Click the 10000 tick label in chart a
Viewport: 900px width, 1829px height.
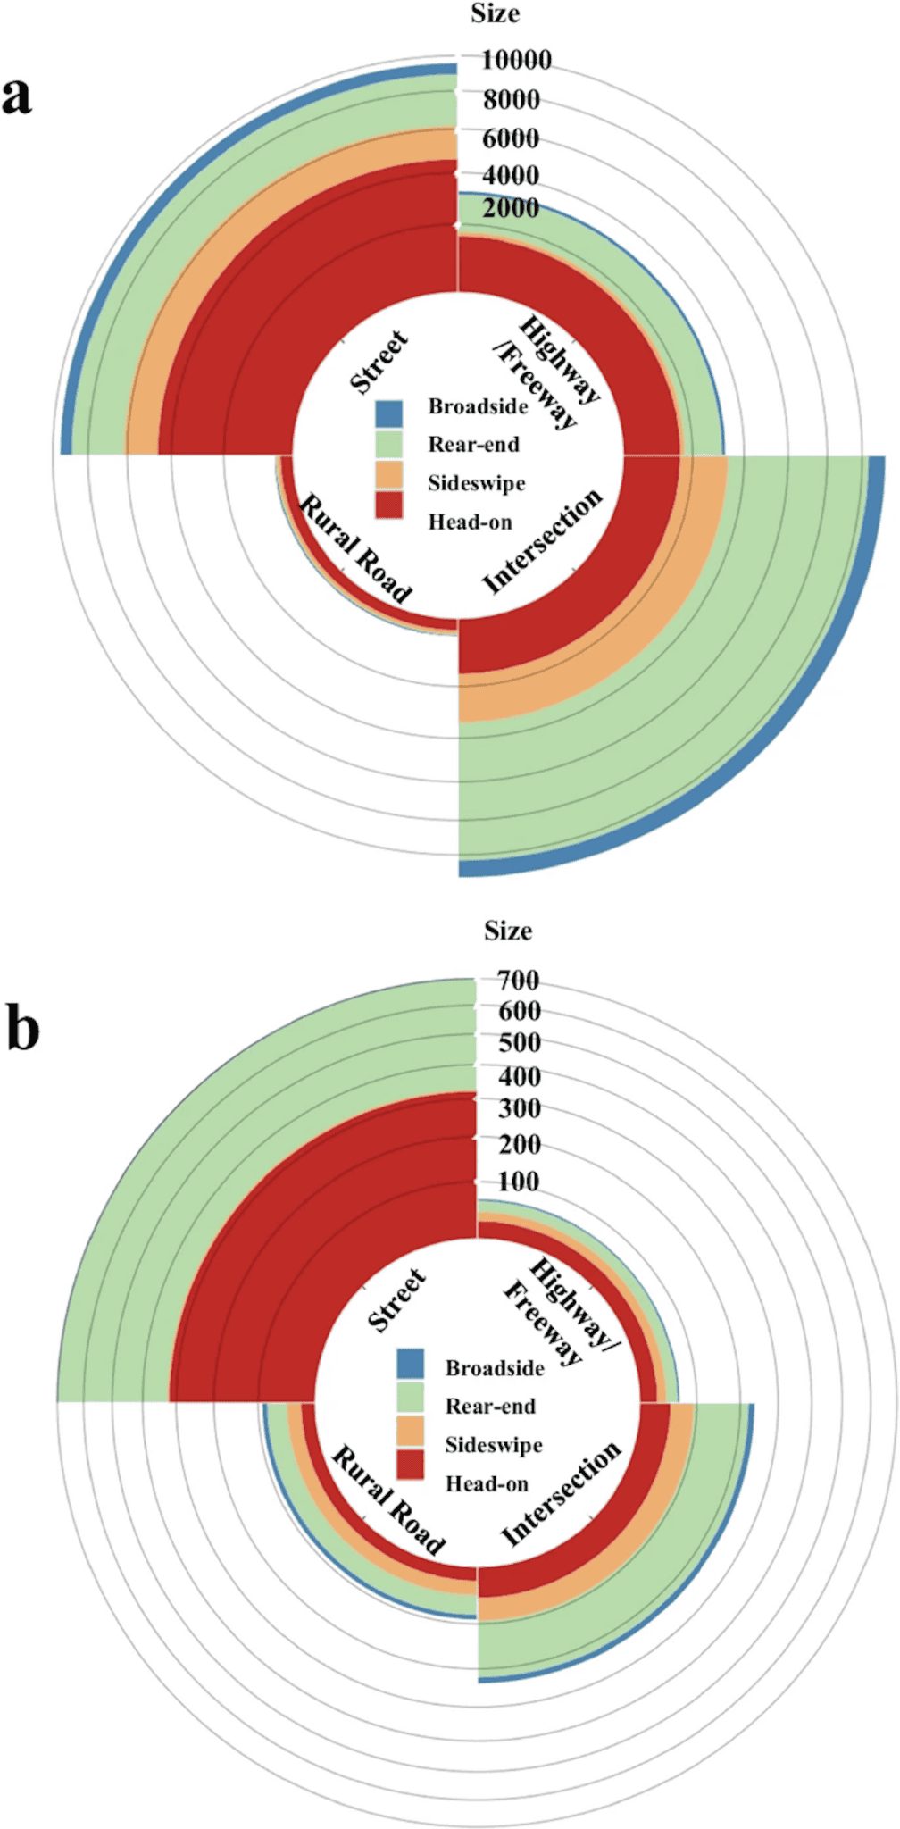(516, 61)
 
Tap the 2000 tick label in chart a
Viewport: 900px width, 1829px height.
(511, 208)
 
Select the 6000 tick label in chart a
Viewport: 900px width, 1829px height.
(511, 138)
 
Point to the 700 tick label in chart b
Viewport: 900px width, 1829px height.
(519, 981)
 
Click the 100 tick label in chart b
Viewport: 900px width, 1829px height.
(519, 1182)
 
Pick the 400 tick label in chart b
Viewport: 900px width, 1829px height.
(519, 1077)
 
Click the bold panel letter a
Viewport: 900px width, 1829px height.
(17, 95)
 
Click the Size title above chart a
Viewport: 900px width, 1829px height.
(495, 14)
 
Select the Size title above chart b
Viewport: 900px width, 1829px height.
(508, 931)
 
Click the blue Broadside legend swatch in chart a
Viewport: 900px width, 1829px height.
(389, 413)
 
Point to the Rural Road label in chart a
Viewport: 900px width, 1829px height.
(354, 548)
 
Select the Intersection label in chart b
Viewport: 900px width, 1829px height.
(561, 1493)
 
